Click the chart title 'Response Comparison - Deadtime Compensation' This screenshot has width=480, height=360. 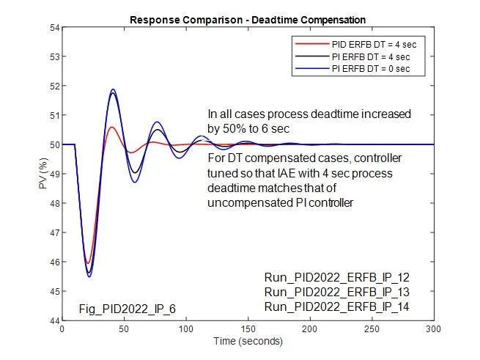(x=247, y=18)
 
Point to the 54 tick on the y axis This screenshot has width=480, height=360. (x=53, y=28)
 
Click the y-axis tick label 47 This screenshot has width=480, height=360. (x=53, y=232)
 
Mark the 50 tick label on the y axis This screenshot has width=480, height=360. (x=53, y=144)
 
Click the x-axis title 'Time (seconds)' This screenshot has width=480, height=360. (x=248, y=342)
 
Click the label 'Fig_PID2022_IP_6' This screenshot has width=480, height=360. (x=128, y=309)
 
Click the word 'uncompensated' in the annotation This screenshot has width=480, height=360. (x=245, y=202)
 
